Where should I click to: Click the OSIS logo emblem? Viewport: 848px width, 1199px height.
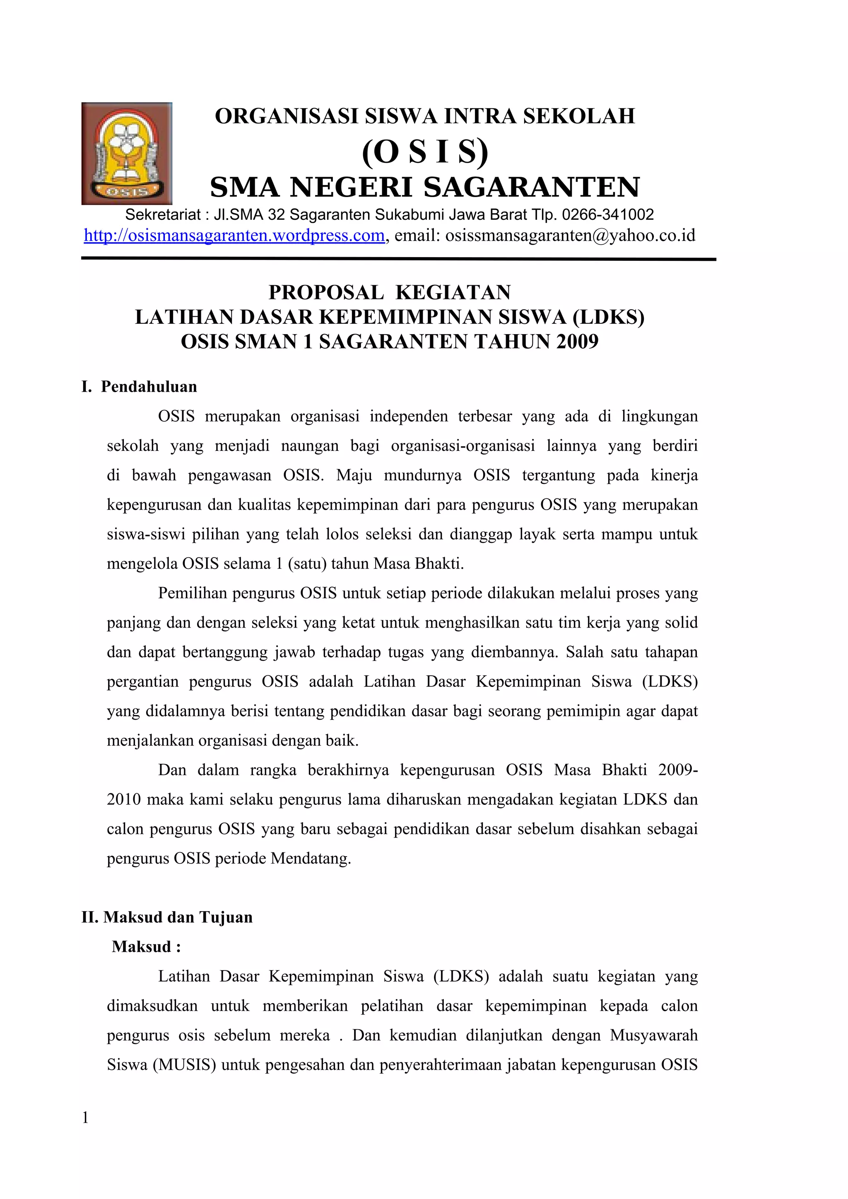coord(127,154)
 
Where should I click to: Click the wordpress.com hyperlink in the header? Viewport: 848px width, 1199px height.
coord(234,236)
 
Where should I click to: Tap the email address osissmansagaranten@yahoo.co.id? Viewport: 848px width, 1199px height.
coord(570,236)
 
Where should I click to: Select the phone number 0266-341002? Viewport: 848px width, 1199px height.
coord(608,214)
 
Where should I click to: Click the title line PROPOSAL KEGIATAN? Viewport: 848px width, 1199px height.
coord(390,292)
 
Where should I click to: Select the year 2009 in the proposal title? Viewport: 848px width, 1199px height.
coord(577,342)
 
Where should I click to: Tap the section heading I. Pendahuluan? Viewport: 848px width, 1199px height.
coord(140,387)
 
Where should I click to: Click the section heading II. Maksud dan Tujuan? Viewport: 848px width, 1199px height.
coord(167,917)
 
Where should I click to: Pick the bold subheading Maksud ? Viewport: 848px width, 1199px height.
coord(146,947)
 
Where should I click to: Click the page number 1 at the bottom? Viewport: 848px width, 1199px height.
coord(85,1118)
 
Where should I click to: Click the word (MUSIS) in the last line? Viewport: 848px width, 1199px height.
coord(184,1065)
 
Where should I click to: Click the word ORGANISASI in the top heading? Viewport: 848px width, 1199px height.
coord(287,116)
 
